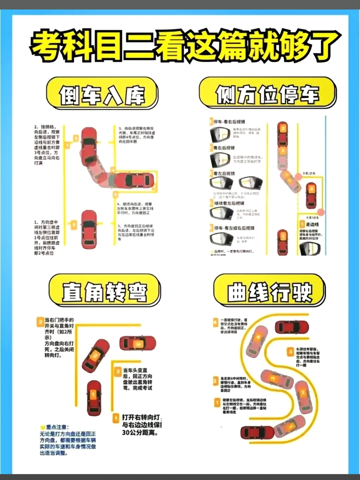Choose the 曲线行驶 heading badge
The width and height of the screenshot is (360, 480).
(269, 291)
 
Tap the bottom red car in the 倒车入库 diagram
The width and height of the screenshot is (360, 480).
(89, 229)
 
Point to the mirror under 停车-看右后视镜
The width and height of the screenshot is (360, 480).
(220, 134)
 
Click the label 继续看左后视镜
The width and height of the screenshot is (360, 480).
(229, 203)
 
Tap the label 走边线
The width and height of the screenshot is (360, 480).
(312, 224)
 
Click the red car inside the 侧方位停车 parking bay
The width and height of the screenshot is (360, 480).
(311, 195)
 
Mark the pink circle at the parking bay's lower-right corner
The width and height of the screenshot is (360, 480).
(321, 212)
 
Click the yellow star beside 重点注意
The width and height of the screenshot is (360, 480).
(42, 427)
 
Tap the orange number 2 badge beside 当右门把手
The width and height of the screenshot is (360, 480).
(40, 322)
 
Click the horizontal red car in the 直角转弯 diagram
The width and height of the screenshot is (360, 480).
(138, 343)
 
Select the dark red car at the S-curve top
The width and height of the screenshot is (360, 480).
(292, 327)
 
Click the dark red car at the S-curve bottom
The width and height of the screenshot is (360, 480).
(257, 433)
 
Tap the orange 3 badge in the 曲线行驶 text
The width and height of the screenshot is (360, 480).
(290, 352)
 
